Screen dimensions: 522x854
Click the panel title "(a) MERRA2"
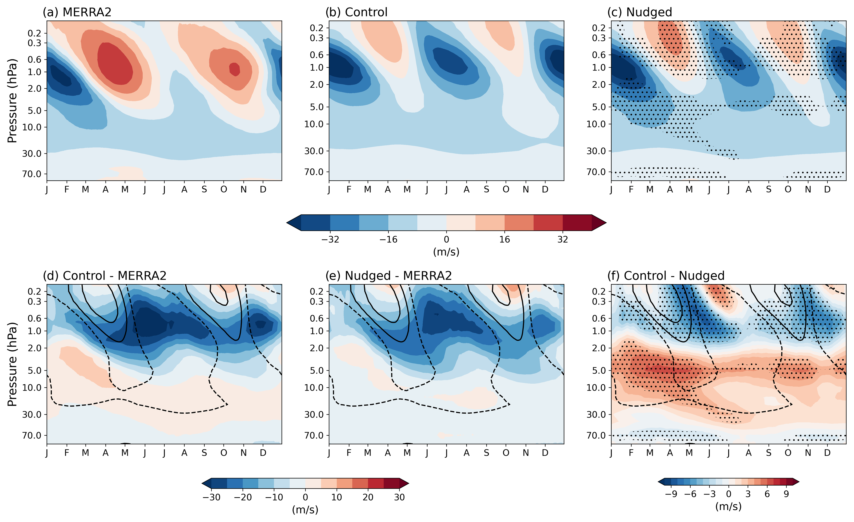pos(77,12)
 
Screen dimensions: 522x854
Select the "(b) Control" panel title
pos(356,12)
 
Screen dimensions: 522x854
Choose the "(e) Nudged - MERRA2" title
pos(389,276)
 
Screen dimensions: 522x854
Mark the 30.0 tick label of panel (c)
pos(596,151)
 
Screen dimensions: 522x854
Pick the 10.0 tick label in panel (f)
pos(596,387)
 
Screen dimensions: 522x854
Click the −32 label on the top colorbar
pos(330,239)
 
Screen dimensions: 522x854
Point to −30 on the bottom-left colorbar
pos(211,497)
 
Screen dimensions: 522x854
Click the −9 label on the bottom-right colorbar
pos(671,494)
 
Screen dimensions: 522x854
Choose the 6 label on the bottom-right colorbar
pos(767,494)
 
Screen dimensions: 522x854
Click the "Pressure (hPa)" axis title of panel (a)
pos(12,101)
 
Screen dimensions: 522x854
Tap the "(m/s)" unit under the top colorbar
pos(446,252)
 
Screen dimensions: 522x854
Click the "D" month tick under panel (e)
pos(545,453)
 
